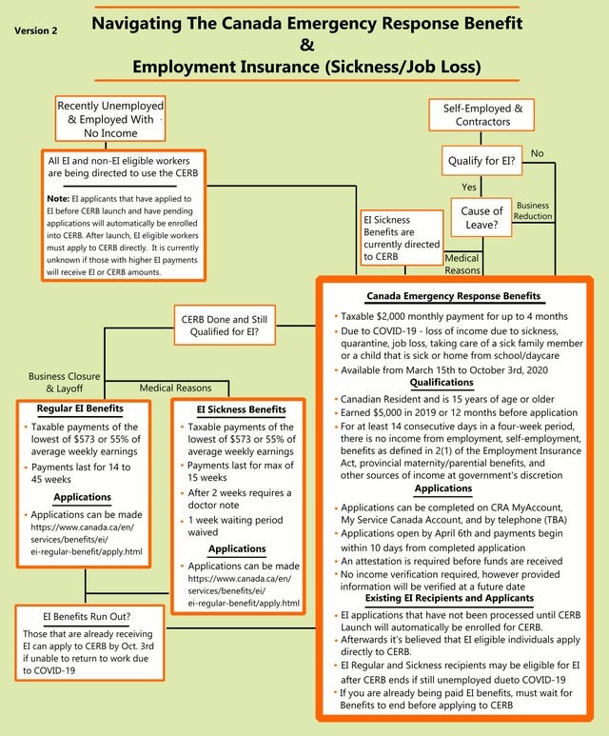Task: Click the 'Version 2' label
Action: click(36, 30)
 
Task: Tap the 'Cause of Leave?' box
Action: click(481, 218)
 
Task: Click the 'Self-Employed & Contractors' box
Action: click(482, 115)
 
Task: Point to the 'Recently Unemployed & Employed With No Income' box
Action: click(110, 120)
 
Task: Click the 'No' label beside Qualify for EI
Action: click(538, 153)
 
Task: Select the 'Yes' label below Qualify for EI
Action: click(469, 187)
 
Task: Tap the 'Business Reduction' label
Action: click(532, 210)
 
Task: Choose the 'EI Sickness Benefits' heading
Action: click(241, 409)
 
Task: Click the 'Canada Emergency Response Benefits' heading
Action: click(453, 296)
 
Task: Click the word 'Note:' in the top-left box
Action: click(58, 198)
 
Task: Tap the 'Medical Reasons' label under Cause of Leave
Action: click(462, 264)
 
